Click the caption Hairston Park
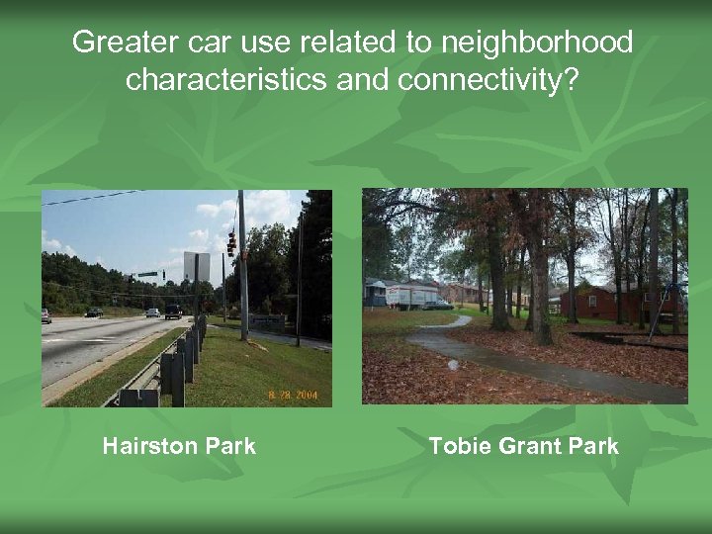click(x=178, y=446)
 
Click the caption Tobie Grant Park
click(x=523, y=446)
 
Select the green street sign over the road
click(x=147, y=274)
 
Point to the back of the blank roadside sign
click(x=196, y=266)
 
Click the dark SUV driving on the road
click(x=173, y=311)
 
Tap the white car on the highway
click(x=152, y=312)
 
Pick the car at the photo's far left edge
click(x=45, y=315)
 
